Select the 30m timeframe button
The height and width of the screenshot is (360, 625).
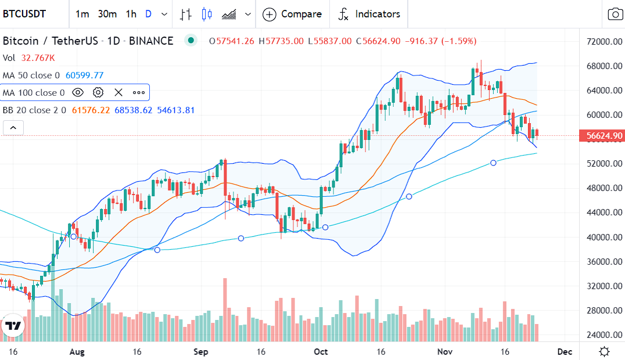(x=107, y=14)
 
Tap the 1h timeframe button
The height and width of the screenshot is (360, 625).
(x=131, y=14)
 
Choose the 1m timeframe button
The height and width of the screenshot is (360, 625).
(x=82, y=14)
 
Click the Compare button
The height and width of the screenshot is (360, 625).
(x=292, y=14)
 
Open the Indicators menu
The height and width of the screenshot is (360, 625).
(x=369, y=14)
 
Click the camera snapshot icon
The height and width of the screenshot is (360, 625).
(x=614, y=14)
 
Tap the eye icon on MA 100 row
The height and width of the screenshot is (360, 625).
(x=78, y=92)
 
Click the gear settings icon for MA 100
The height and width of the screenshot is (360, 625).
(x=98, y=92)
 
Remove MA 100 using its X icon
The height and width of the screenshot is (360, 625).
(x=118, y=92)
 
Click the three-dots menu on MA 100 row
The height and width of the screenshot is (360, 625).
(x=139, y=92)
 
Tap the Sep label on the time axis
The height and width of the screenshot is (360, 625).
(x=201, y=352)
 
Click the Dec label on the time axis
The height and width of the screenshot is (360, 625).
(x=564, y=352)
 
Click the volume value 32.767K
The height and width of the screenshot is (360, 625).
(x=38, y=58)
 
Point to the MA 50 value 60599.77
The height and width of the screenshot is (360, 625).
(x=84, y=75)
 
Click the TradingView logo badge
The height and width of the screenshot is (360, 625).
(x=13, y=326)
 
